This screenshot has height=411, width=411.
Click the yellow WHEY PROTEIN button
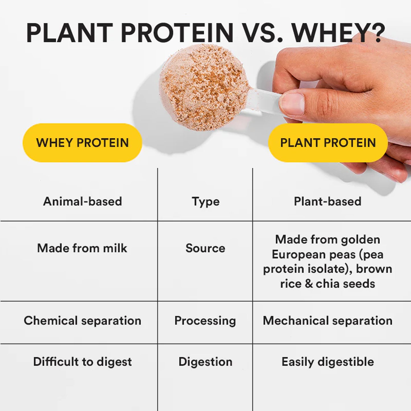tap(82, 143)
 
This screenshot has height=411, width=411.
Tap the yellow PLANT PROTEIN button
tap(328, 143)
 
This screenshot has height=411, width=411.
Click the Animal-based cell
tap(82, 201)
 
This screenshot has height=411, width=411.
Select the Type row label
tap(205, 201)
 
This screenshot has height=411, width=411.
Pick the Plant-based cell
tap(328, 201)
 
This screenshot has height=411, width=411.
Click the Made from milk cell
tap(82, 248)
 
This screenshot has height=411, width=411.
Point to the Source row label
tap(205, 248)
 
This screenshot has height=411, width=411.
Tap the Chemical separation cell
tap(82, 321)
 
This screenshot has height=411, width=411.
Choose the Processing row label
tap(205, 321)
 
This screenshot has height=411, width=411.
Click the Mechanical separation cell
tap(328, 321)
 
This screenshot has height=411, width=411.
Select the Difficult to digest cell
tap(82, 362)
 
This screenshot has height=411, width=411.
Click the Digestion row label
tap(205, 362)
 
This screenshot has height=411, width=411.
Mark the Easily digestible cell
tap(328, 362)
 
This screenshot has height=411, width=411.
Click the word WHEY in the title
tap(333, 33)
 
